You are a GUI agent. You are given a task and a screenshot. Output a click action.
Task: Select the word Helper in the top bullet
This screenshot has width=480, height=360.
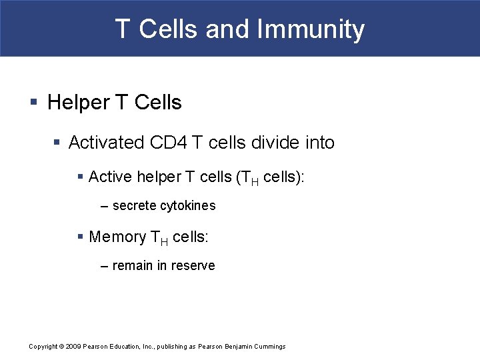(x=79, y=103)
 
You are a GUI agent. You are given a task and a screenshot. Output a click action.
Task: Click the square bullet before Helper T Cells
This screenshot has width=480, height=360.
(x=34, y=103)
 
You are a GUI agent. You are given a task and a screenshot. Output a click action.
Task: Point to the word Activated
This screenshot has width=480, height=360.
(x=106, y=143)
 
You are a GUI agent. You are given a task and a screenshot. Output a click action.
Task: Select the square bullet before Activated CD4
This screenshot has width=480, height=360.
(x=58, y=143)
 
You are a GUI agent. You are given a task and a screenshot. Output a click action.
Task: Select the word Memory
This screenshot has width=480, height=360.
(x=117, y=237)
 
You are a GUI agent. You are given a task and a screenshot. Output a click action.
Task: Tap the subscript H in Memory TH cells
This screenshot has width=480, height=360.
(x=164, y=241)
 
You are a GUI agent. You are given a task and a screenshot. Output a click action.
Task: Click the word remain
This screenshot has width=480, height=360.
(x=133, y=266)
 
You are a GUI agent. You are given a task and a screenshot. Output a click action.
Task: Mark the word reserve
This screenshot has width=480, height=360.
(x=193, y=266)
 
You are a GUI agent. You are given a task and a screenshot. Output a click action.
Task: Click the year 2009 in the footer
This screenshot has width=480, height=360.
(x=73, y=347)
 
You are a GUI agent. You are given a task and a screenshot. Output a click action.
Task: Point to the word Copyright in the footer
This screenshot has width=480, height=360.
(x=43, y=347)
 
